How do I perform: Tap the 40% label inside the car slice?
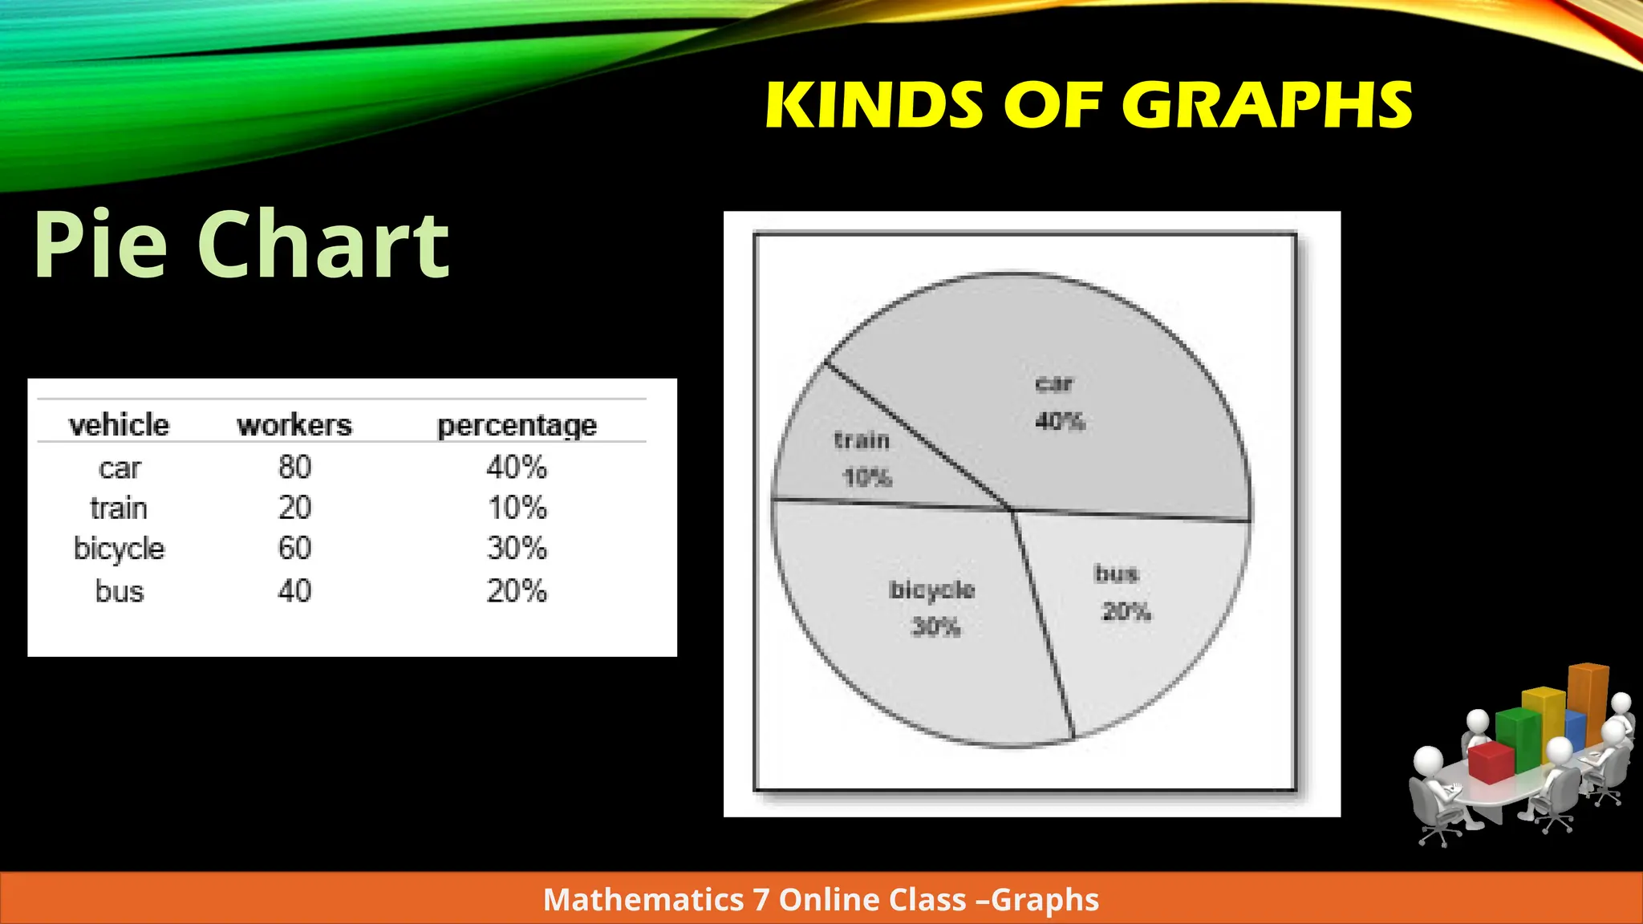[1060, 421]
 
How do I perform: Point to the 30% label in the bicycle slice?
[935, 626]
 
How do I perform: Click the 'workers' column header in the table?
[294, 424]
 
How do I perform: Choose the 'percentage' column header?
[517, 425]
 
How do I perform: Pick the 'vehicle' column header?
[119, 424]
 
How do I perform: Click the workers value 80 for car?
[294, 467]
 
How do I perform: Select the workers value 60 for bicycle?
[294, 549]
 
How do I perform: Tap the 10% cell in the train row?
[517, 508]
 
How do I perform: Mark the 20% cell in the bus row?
[517, 591]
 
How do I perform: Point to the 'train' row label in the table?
[119, 509]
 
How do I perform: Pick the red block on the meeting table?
[1491, 762]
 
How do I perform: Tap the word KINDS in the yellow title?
[875, 106]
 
